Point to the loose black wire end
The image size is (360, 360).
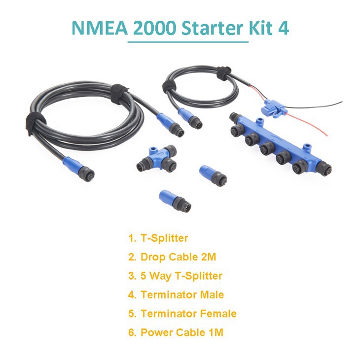coord(340,103)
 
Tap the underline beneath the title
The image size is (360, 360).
coord(188,42)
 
